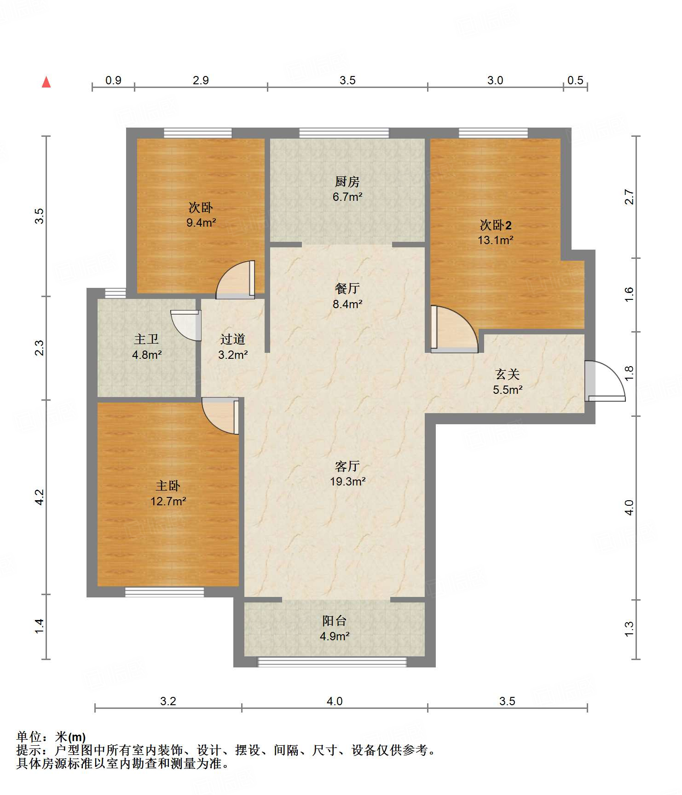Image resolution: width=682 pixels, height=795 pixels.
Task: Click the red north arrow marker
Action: [46, 82]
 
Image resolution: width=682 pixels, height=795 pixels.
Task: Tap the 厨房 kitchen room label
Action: [347, 182]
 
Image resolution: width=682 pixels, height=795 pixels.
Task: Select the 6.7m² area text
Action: [347, 197]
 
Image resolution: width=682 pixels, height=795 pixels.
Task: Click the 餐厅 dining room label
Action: [347, 289]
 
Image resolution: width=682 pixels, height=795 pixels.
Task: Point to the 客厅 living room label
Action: [347, 467]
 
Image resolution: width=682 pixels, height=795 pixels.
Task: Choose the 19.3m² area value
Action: [347, 482]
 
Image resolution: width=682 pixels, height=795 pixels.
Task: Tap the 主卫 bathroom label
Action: [146, 339]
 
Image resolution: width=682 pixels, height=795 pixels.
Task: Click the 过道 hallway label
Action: [232, 339]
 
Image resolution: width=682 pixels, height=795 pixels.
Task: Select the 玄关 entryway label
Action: [508, 374]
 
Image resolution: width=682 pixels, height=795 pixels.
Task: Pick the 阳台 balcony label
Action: [334, 621]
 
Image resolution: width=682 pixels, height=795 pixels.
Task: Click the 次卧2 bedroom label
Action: [495, 225]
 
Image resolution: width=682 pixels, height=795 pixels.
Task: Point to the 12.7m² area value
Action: [168, 501]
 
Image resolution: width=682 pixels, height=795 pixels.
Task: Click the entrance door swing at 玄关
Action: [605, 380]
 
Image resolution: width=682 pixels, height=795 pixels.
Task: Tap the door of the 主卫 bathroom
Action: [186, 325]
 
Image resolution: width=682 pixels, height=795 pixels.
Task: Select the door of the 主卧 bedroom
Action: [220, 416]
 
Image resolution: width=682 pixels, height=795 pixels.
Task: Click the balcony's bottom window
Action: [332, 662]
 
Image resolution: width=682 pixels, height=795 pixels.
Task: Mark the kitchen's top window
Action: [344, 133]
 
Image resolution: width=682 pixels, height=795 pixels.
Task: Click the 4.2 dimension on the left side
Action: [40, 497]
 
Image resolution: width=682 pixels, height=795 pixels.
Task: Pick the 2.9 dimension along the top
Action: [201, 81]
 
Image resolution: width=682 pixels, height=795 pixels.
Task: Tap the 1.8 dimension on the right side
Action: [629, 374]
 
